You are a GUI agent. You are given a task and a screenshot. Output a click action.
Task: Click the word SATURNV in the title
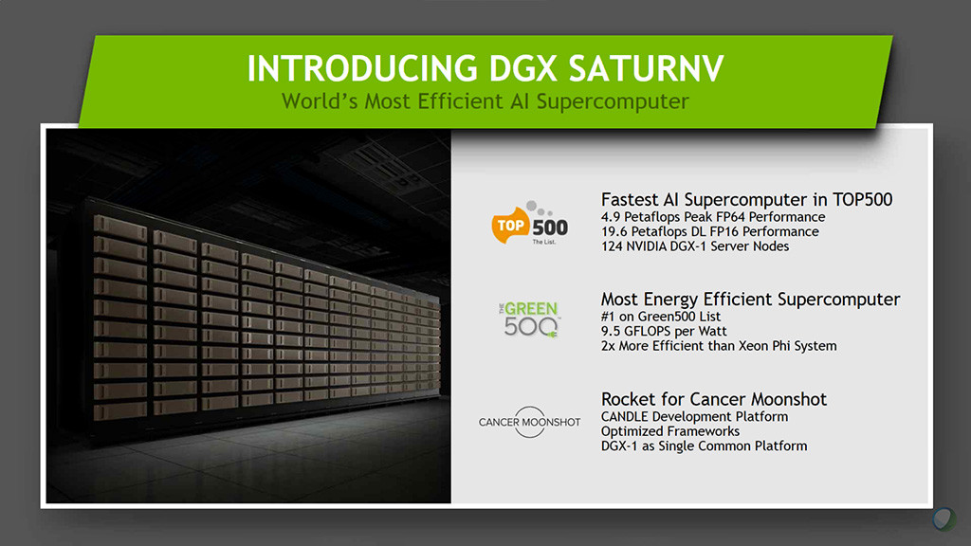pyautogui.click(x=646, y=68)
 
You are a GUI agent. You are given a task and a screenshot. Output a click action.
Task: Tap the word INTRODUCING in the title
pyautogui.click(x=362, y=68)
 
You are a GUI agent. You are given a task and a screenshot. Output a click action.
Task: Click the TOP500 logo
pyautogui.click(x=529, y=224)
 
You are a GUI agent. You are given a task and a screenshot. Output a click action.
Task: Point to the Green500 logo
pyautogui.click(x=529, y=319)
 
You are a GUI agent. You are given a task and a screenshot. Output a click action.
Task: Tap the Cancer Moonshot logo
pyautogui.click(x=529, y=422)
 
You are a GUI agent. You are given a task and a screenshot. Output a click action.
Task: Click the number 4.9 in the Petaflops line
pyautogui.click(x=611, y=217)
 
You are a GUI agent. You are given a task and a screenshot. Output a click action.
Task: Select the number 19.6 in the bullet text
pyautogui.click(x=614, y=232)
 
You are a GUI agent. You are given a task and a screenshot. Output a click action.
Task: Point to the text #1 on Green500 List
pyautogui.click(x=661, y=317)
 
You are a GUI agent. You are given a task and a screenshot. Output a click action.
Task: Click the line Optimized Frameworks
pyautogui.click(x=670, y=431)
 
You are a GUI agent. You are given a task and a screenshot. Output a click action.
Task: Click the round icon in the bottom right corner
pyautogui.click(x=944, y=519)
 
